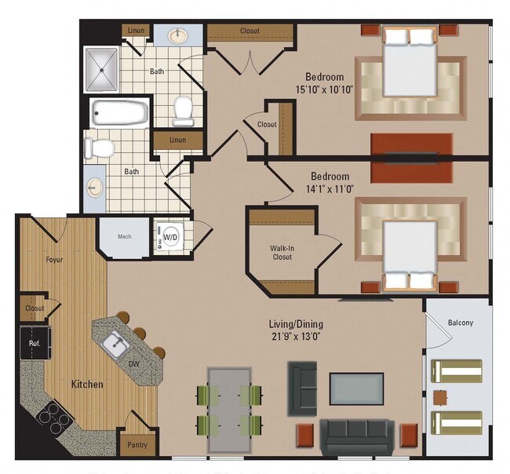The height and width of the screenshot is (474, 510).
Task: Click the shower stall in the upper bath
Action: (x=102, y=69)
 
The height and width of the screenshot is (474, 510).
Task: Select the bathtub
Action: (x=120, y=113)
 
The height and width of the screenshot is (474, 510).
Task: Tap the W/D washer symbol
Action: (x=170, y=235)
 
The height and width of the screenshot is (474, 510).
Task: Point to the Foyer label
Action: (x=54, y=259)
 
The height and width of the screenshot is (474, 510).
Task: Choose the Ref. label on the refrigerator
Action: (x=35, y=343)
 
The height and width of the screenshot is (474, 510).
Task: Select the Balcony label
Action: (x=460, y=322)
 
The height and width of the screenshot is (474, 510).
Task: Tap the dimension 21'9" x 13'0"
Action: (x=297, y=335)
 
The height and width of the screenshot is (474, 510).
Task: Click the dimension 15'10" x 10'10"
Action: (x=324, y=89)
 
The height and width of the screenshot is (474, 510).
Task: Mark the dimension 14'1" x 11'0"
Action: (x=330, y=188)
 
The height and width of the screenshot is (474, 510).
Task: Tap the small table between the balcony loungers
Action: (x=440, y=396)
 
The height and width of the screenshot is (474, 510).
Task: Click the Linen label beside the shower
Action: (x=134, y=31)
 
